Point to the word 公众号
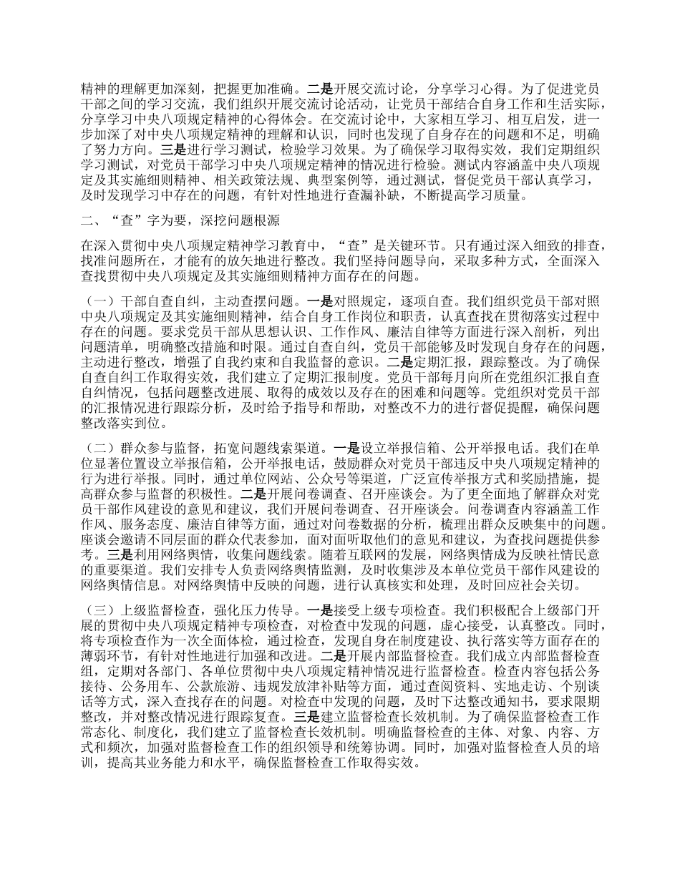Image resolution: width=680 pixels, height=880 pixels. [x=268, y=478]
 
